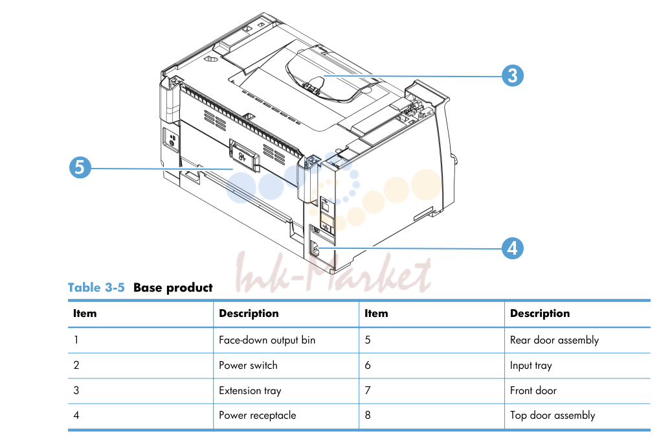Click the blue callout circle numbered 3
point(512,76)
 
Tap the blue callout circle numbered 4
point(512,248)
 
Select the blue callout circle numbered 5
point(80,167)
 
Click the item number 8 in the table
point(368,415)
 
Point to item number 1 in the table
point(76,340)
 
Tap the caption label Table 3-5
point(96,287)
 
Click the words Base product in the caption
point(173,287)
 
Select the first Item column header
point(85,314)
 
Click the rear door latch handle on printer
point(244,155)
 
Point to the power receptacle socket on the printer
point(315,248)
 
